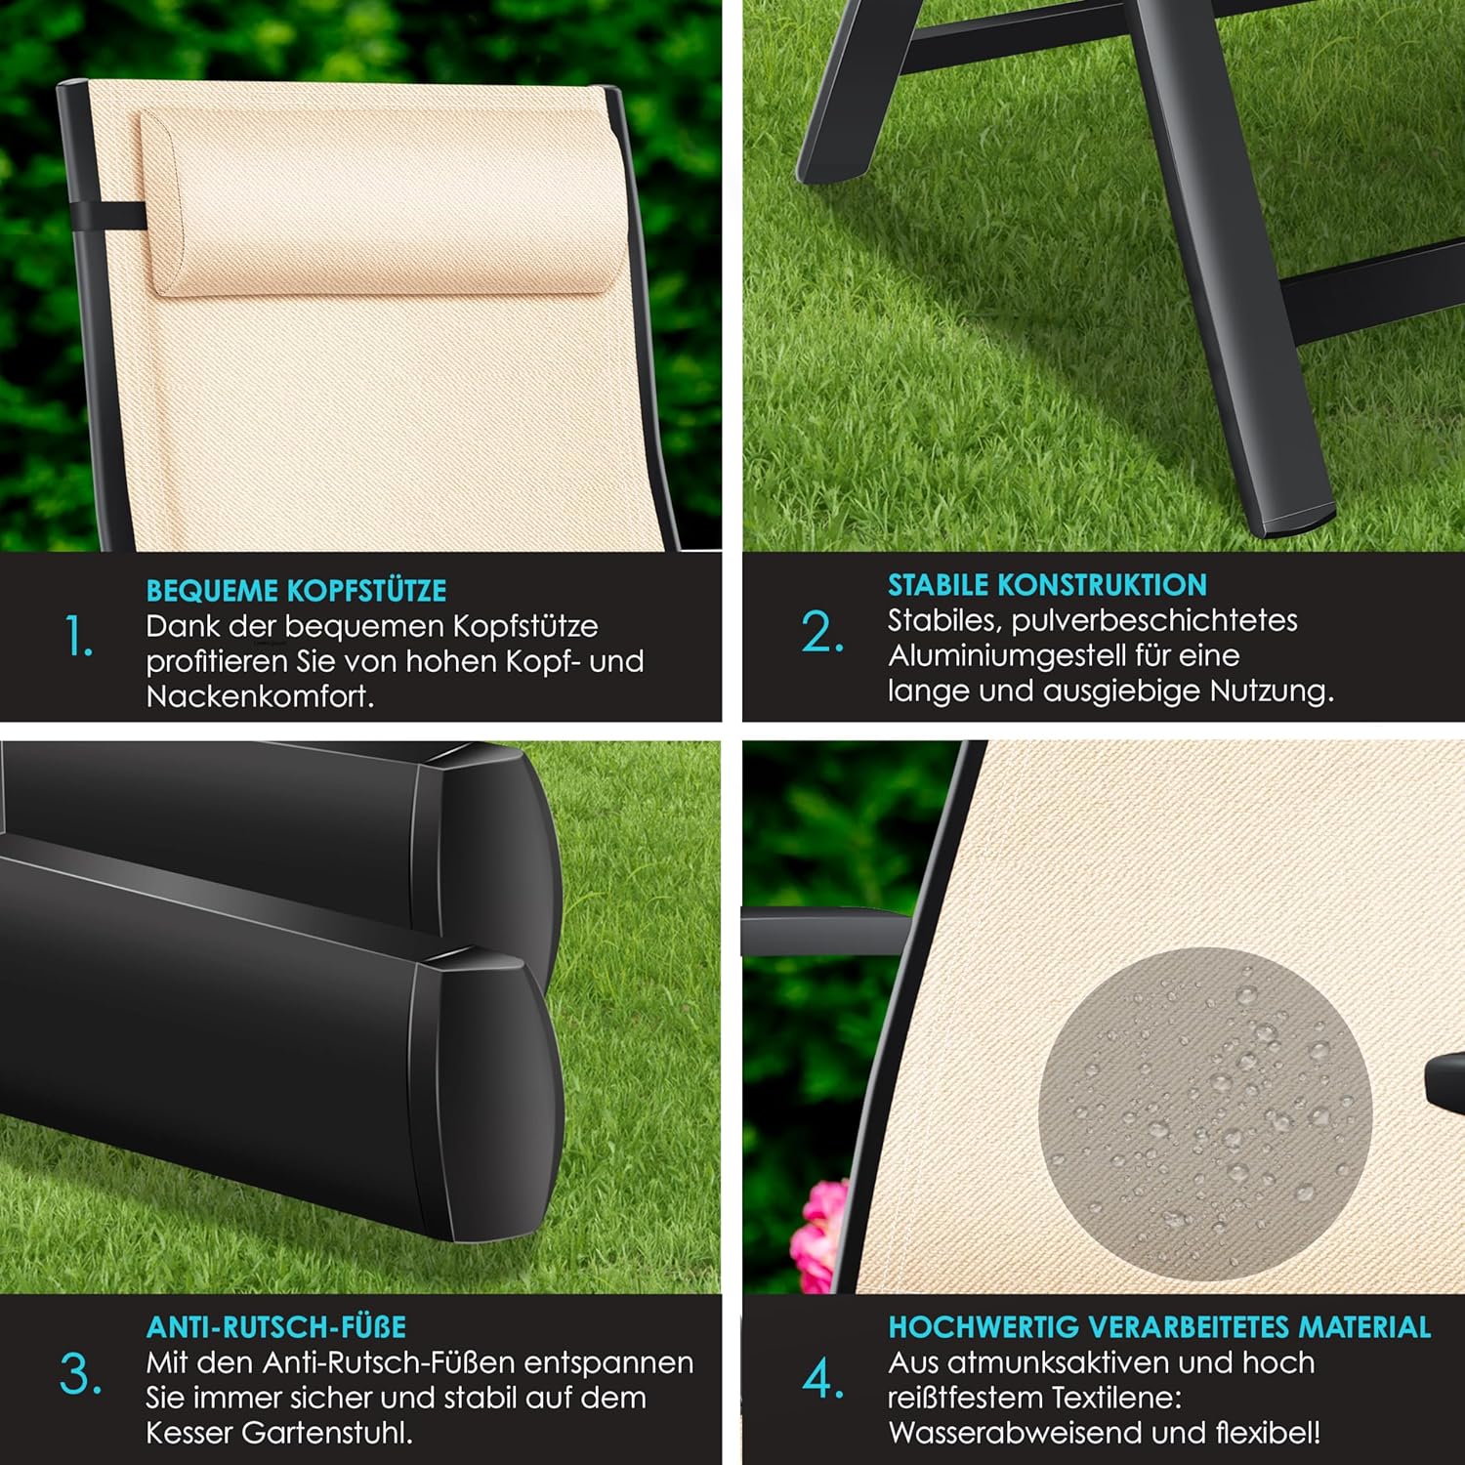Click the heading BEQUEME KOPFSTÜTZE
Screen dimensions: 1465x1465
click(296, 591)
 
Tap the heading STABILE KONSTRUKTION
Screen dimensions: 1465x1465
click(1047, 585)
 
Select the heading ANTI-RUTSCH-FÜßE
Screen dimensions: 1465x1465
click(276, 1327)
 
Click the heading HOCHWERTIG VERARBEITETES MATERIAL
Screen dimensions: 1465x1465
click(1159, 1327)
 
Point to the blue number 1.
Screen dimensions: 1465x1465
click(79, 637)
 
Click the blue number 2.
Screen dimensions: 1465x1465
click(822, 632)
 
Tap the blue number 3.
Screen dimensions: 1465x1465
click(80, 1375)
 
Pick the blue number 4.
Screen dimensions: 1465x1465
click(823, 1378)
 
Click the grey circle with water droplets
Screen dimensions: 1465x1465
click(1205, 1114)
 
